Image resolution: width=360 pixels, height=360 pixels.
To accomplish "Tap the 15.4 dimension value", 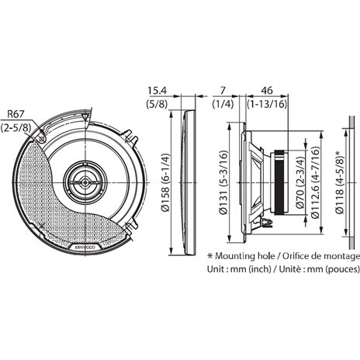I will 157,91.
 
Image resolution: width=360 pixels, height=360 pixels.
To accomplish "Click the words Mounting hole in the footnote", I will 246,255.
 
